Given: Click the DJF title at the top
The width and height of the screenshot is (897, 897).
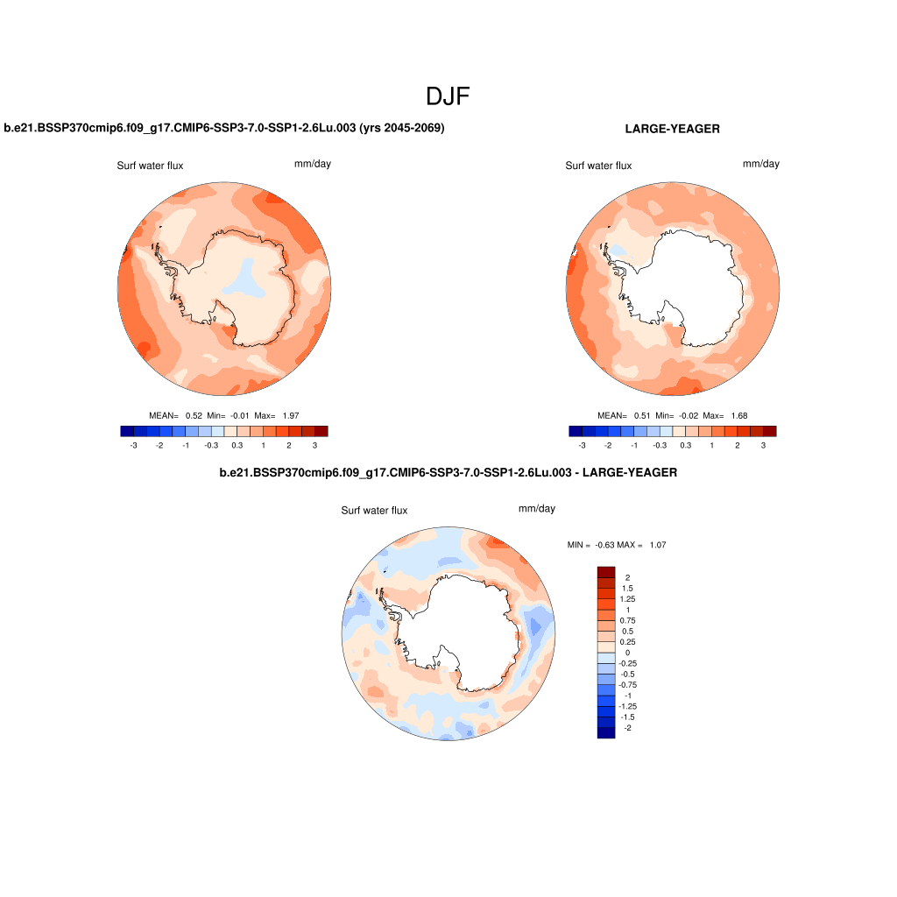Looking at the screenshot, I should click(448, 96).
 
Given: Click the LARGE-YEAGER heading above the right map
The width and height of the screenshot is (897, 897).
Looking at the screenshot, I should click(672, 129).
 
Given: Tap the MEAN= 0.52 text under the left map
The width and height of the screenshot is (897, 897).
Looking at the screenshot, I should click(175, 415).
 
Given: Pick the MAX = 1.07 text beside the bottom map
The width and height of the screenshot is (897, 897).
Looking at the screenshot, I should click(642, 545).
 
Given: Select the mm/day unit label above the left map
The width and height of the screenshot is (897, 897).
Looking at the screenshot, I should click(313, 164).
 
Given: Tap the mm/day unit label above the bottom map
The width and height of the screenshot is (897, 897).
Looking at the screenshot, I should click(537, 509).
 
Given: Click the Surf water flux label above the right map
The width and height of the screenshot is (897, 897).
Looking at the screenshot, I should click(598, 166).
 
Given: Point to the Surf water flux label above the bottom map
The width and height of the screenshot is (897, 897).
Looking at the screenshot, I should click(374, 511).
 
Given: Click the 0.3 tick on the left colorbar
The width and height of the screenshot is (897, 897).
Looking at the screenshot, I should click(237, 446).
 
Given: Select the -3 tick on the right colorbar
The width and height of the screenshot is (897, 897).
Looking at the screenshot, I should click(582, 446).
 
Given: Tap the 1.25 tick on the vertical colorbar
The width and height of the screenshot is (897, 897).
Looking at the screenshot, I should click(628, 598).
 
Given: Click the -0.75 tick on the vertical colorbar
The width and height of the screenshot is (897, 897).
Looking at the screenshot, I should click(628, 685).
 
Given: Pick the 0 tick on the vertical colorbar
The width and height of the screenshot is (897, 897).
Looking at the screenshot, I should click(627, 653).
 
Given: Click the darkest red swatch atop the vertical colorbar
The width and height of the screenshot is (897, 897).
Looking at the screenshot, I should click(606, 572).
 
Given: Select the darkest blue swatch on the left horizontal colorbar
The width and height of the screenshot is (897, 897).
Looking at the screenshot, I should click(127, 431).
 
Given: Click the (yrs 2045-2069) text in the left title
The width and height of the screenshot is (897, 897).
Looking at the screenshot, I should click(402, 128).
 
